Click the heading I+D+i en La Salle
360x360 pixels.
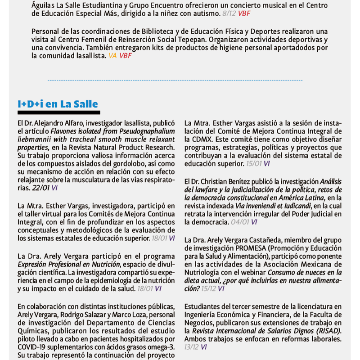click(58, 104)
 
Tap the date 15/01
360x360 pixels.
click(254, 164)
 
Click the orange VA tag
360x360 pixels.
click(112, 55)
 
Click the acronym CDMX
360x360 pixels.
click(195, 139)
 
